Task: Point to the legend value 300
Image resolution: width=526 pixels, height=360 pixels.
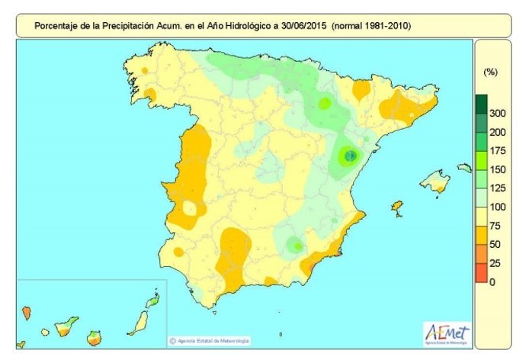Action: tap(497, 113)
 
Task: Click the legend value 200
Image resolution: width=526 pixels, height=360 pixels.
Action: tap(497, 132)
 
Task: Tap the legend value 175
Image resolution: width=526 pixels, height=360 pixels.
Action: tap(497, 150)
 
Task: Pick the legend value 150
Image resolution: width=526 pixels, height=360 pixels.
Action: tap(497, 169)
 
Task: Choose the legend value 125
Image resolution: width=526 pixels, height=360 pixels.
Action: tap(497, 188)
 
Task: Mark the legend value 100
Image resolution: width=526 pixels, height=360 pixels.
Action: tap(497, 207)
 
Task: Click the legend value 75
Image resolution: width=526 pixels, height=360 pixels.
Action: tap(496, 226)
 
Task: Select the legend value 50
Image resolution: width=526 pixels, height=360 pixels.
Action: tap(496, 244)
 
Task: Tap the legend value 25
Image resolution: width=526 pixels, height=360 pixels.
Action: tap(496, 263)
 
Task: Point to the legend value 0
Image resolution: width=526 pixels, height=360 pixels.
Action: tap(493, 282)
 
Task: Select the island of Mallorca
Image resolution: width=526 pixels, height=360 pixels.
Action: tap(435, 182)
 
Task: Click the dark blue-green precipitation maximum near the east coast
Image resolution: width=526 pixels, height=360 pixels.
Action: tap(350, 156)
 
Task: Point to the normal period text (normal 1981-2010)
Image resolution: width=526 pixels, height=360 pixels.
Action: tap(372, 26)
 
